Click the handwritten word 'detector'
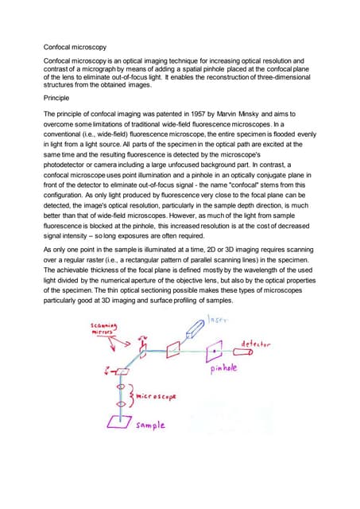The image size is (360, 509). point(255,344)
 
